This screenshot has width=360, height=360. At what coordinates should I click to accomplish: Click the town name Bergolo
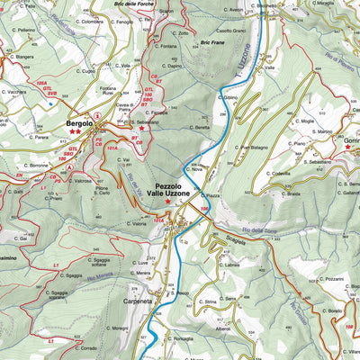coord(79,122)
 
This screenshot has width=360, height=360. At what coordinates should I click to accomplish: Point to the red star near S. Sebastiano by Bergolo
coord(140,127)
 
